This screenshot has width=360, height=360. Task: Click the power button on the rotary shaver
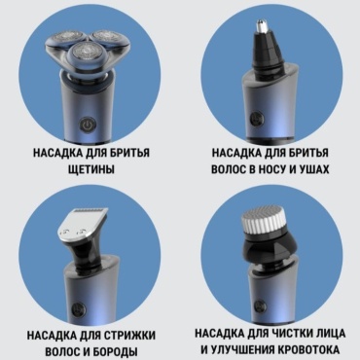[x=87, y=126]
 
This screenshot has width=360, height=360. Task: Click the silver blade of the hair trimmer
[x=82, y=224]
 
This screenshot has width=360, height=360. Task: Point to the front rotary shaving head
[x=82, y=54]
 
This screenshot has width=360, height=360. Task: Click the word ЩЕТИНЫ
[x=91, y=169]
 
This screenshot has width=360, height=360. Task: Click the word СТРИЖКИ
[x=130, y=335]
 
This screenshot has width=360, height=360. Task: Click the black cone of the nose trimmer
[x=266, y=52]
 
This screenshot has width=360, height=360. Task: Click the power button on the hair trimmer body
[x=79, y=308]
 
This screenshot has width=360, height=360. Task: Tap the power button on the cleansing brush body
[x=259, y=306]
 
